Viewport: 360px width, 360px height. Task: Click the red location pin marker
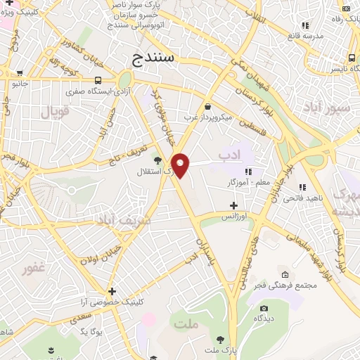click(x=181, y=165)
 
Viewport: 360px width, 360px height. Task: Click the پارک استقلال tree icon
click(x=158, y=160)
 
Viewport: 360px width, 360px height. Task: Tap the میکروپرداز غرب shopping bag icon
click(x=207, y=107)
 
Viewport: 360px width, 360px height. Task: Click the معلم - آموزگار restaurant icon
click(x=247, y=171)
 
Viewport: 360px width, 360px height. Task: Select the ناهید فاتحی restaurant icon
click(x=302, y=187)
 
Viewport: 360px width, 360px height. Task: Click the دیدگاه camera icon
click(x=264, y=308)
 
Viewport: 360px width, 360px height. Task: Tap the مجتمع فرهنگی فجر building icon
click(x=284, y=274)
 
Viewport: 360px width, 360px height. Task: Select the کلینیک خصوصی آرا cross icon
click(x=112, y=290)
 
